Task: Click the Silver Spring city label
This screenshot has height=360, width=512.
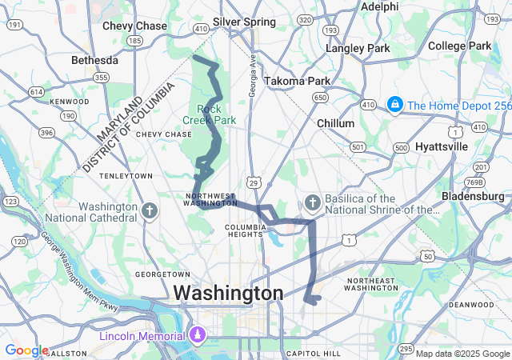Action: (244, 22)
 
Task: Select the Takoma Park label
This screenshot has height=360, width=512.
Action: (297, 81)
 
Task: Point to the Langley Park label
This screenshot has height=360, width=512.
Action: (358, 48)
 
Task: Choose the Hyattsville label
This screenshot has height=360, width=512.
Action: (441, 147)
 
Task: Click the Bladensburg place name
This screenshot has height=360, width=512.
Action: (476, 195)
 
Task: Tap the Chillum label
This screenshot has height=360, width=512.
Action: (336, 123)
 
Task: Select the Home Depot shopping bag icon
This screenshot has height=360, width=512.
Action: (394, 105)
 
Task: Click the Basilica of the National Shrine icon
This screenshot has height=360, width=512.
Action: (313, 204)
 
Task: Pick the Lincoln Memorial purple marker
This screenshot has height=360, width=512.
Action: (198, 334)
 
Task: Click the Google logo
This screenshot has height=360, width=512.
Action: (26, 350)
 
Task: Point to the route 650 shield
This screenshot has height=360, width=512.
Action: (321, 98)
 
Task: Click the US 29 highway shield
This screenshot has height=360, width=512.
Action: (253, 183)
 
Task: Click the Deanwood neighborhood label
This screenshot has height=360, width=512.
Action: (470, 304)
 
